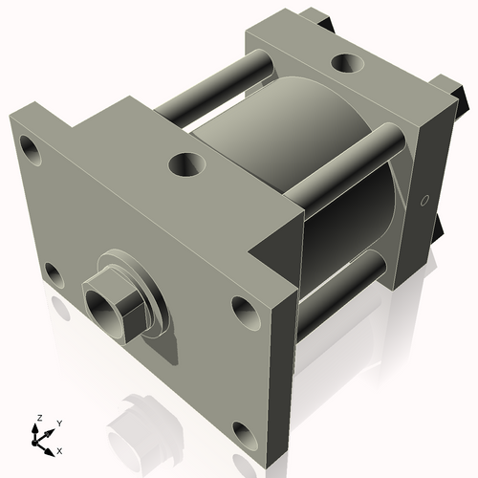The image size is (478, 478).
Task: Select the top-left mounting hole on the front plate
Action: point(33,151)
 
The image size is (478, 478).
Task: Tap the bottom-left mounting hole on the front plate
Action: point(54,277)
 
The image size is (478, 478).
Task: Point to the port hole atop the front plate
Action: point(185,165)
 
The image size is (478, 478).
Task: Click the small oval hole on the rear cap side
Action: point(424,201)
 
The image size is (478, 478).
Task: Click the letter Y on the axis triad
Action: point(59,423)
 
